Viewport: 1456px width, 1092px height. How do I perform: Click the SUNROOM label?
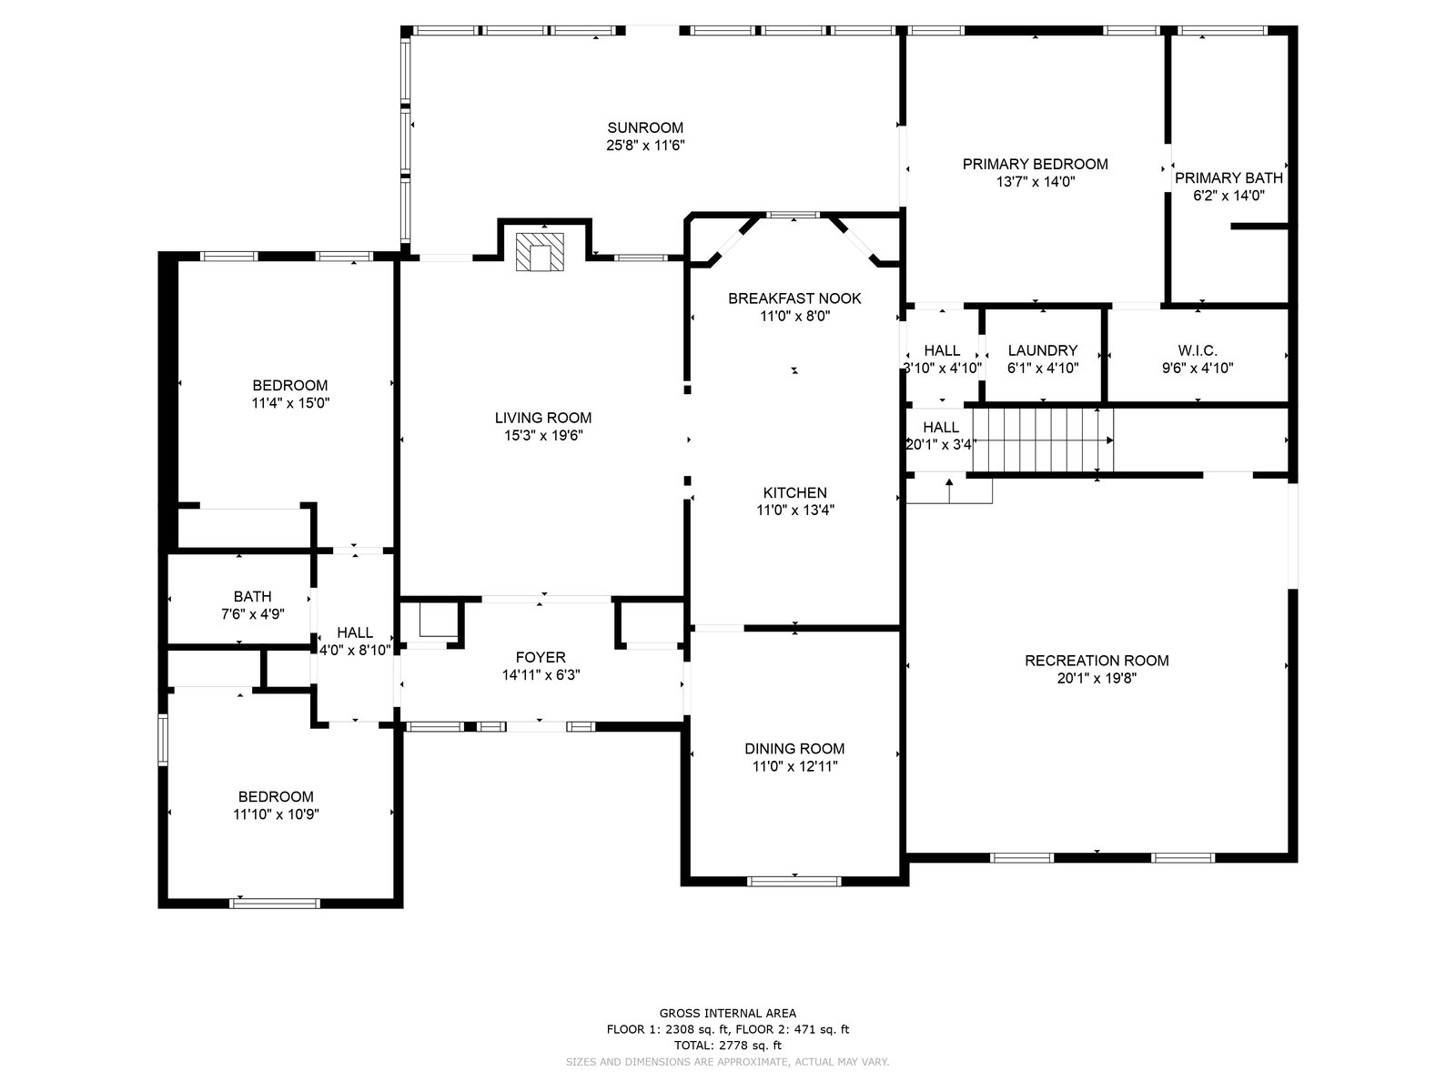tap(645, 127)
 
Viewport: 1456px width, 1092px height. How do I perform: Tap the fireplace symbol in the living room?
tap(540, 251)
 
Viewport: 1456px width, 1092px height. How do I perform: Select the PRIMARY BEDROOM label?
tap(1035, 164)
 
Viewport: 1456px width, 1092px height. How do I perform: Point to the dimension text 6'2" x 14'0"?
tap(1228, 196)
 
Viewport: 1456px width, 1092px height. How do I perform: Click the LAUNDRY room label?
tap(1043, 350)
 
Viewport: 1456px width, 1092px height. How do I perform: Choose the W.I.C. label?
tap(1198, 350)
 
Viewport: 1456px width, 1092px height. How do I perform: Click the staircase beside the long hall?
tap(1043, 440)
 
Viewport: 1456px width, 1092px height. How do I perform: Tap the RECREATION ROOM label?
tap(1097, 661)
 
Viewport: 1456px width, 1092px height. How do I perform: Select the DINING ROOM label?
tap(794, 749)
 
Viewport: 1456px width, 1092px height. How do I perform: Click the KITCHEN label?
tap(794, 492)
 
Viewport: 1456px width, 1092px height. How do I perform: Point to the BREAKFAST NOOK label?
tap(794, 298)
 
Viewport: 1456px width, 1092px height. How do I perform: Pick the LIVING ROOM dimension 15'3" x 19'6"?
tap(543, 436)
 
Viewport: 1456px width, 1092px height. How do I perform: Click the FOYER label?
tap(541, 657)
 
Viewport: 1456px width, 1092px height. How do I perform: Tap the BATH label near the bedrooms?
tap(252, 596)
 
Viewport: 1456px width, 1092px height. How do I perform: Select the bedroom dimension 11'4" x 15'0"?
tap(290, 403)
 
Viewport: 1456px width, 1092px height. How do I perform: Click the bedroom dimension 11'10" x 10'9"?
tap(276, 814)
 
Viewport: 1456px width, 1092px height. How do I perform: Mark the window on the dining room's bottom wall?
tap(794, 881)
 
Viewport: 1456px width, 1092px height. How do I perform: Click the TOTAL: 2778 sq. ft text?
tap(728, 1046)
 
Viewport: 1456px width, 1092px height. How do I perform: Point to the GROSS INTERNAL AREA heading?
tap(728, 1013)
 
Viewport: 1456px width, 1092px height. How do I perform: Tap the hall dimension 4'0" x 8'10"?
tap(355, 651)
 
